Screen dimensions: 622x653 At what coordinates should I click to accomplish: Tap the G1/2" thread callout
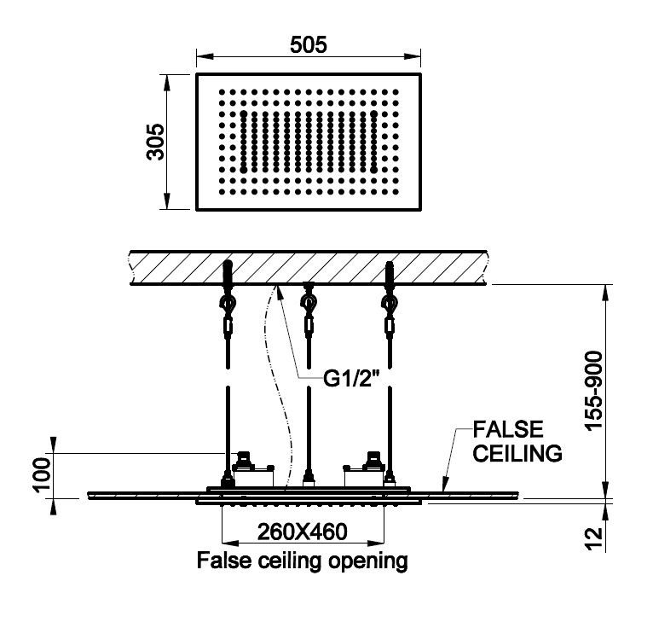[x=352, y=378]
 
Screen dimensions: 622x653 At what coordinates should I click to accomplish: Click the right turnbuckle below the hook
[x=390, y=326]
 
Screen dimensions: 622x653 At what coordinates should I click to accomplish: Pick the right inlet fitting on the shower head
[x=373, y=463]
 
